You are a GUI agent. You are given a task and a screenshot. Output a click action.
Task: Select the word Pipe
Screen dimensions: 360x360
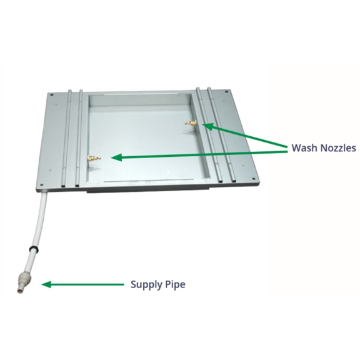click(175, 285)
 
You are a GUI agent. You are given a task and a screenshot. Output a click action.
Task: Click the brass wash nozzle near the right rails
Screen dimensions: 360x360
click(191, 123)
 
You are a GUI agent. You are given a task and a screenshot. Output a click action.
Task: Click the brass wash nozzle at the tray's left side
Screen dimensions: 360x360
click(94, 158)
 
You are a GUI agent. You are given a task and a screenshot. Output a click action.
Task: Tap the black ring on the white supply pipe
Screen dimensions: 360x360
click(34, 248)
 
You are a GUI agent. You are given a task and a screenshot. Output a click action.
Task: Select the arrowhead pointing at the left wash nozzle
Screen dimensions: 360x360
click(116, 157)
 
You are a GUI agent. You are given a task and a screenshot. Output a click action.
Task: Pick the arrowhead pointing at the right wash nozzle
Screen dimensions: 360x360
click(207, 126)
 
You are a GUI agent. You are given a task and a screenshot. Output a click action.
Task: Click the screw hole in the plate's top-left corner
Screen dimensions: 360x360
click(52, 94)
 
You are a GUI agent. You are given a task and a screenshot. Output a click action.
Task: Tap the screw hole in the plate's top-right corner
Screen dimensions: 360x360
click(227, 91)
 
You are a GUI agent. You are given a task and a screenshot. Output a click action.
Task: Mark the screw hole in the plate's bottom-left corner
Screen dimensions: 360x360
click(41, 185)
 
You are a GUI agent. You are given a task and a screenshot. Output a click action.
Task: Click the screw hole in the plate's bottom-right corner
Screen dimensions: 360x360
click(253, 179)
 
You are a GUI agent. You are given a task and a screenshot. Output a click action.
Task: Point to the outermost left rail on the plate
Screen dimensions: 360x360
click(66, 137)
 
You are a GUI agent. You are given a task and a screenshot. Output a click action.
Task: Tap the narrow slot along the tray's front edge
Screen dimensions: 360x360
click(147, 180)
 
